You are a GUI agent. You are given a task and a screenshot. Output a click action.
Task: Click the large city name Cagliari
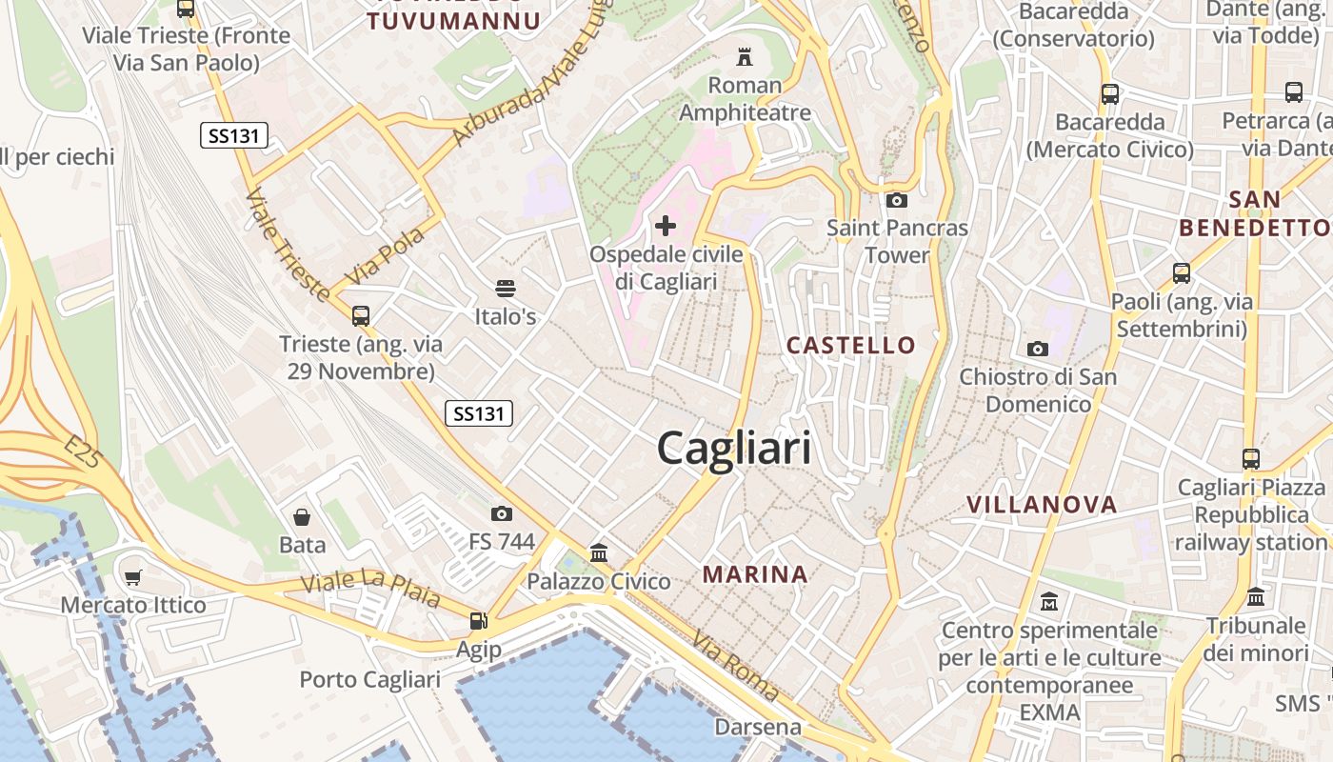[x=734, y=449]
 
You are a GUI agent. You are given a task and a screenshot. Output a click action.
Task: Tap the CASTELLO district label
[x=851, y=345]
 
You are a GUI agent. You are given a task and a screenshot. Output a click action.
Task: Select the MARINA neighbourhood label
[x=756, y=574]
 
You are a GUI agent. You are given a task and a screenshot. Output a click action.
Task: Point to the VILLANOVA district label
[x=1042, y=505]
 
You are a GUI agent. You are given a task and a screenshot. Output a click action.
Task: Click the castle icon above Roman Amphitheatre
[x=745, y=57]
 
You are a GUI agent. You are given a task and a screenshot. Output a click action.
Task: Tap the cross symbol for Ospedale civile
[x=666, y=226]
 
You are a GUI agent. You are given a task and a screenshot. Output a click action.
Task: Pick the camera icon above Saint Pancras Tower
[x=896, y=200]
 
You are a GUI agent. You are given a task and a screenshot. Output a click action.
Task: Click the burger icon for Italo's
[x=506, y=288]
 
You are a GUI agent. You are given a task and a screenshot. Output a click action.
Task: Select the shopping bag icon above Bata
[x=302, y=517]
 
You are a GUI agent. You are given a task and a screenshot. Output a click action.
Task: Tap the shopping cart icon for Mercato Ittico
[x=133, y=577]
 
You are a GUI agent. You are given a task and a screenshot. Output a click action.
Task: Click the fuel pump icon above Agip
[x=478, y=621]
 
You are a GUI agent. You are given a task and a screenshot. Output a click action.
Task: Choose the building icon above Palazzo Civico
[x=599, y=552]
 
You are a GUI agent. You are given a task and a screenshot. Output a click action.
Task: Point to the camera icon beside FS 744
[x=502, y=514]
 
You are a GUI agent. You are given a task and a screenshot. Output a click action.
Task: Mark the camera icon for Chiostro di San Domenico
[x=1038, y=349]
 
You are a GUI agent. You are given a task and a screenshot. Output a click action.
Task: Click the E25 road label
[x=84, y=453]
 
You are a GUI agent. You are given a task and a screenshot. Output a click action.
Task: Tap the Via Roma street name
[x=736, y=666]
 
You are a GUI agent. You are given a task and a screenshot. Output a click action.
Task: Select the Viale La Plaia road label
[x=370, y=588]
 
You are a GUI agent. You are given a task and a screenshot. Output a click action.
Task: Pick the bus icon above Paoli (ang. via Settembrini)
[x=1182, y=273]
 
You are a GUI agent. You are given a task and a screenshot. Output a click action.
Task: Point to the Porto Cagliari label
[x=370, y=679]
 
